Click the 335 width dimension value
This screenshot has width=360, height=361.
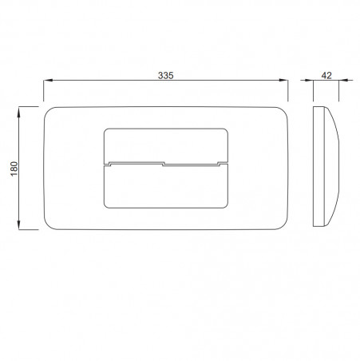pyautogui.click(x=165, y=76)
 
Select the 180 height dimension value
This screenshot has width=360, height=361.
pyautogui.click(x=14, y=169)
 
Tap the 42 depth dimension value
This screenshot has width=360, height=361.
pyautogui.click(x=326, y=76)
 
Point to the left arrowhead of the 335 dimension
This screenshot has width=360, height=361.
pyautogui.click(x=48, y=80)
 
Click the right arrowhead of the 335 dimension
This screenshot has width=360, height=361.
pyautogui.click(x=283, y=80)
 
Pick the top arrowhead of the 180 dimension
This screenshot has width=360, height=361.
pyautogui.click(x=18, y=111)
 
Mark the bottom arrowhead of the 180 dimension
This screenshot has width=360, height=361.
pyautogui.click(x=18, y=225)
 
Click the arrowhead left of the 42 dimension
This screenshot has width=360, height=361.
pyautogui.click(x=309, y=80)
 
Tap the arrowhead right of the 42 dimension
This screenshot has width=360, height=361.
pyautogui.click(x=343, y=80)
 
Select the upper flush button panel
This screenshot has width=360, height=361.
pyautogui.click(x=165, y=145)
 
